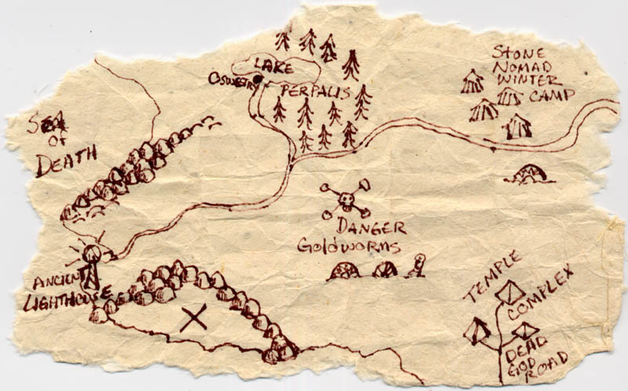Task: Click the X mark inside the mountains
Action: coord(194,318)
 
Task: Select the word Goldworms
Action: coord(349,247)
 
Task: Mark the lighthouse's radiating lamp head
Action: coord(91,253)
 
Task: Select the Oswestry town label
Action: coord(232,79)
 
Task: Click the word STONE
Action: coord(516,53)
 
